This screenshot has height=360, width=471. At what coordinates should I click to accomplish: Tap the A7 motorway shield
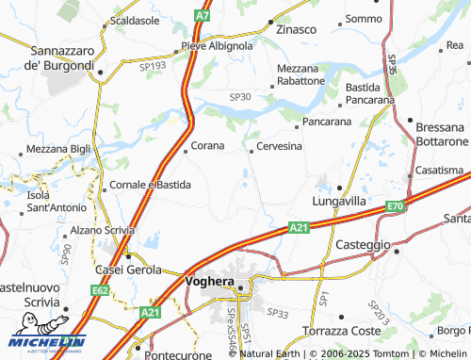203,16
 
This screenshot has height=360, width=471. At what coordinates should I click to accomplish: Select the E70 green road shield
395,206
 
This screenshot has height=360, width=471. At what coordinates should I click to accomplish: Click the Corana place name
208,146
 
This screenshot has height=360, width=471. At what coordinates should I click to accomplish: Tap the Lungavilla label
338,201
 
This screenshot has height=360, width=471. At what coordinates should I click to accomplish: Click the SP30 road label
240,97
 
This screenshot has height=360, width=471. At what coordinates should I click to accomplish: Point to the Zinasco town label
295,29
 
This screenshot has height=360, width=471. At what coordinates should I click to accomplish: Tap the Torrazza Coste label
340,331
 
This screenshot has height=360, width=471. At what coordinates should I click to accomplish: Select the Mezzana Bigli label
58,149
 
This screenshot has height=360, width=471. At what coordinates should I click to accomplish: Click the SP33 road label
277,313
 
